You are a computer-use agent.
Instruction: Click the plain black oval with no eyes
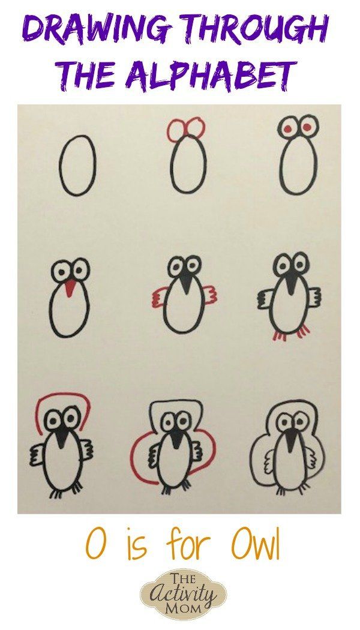77,165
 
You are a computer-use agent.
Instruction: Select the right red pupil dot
307,127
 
